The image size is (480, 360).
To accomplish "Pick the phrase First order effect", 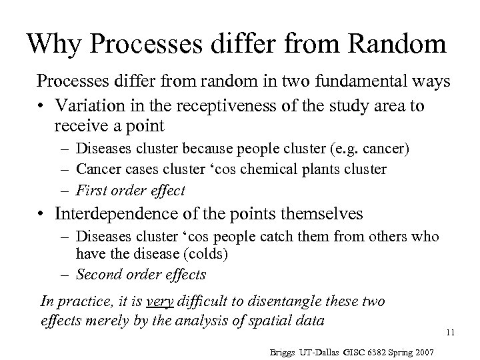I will pos(131,190).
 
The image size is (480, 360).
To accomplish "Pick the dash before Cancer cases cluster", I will pos(65,169).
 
